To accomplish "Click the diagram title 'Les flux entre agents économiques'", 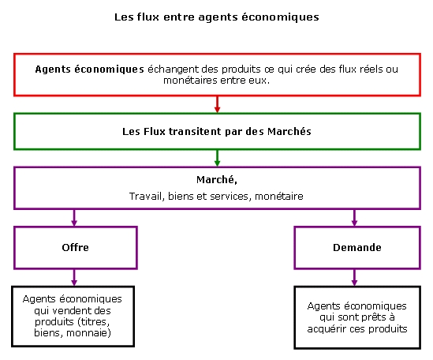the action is pos(217,17).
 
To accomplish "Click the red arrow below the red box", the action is pos(218,104).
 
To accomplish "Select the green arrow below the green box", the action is pos(218,158).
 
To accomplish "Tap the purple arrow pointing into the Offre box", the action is pos(74,218).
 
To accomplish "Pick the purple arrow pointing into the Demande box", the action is pos(355,218).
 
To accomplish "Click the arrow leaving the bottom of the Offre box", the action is pos(74,277).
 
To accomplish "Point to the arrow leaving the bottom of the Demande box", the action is pos(355,277).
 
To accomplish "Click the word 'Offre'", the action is pos(76,247).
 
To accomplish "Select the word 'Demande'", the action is pos(357,247).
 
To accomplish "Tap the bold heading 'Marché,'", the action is pos(217,180).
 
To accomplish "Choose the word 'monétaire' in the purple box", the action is pos(279,197).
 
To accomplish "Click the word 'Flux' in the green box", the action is pos(155,131).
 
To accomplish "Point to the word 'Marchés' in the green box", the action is pos(289,131).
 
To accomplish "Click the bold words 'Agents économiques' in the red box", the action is pos(89,69).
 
